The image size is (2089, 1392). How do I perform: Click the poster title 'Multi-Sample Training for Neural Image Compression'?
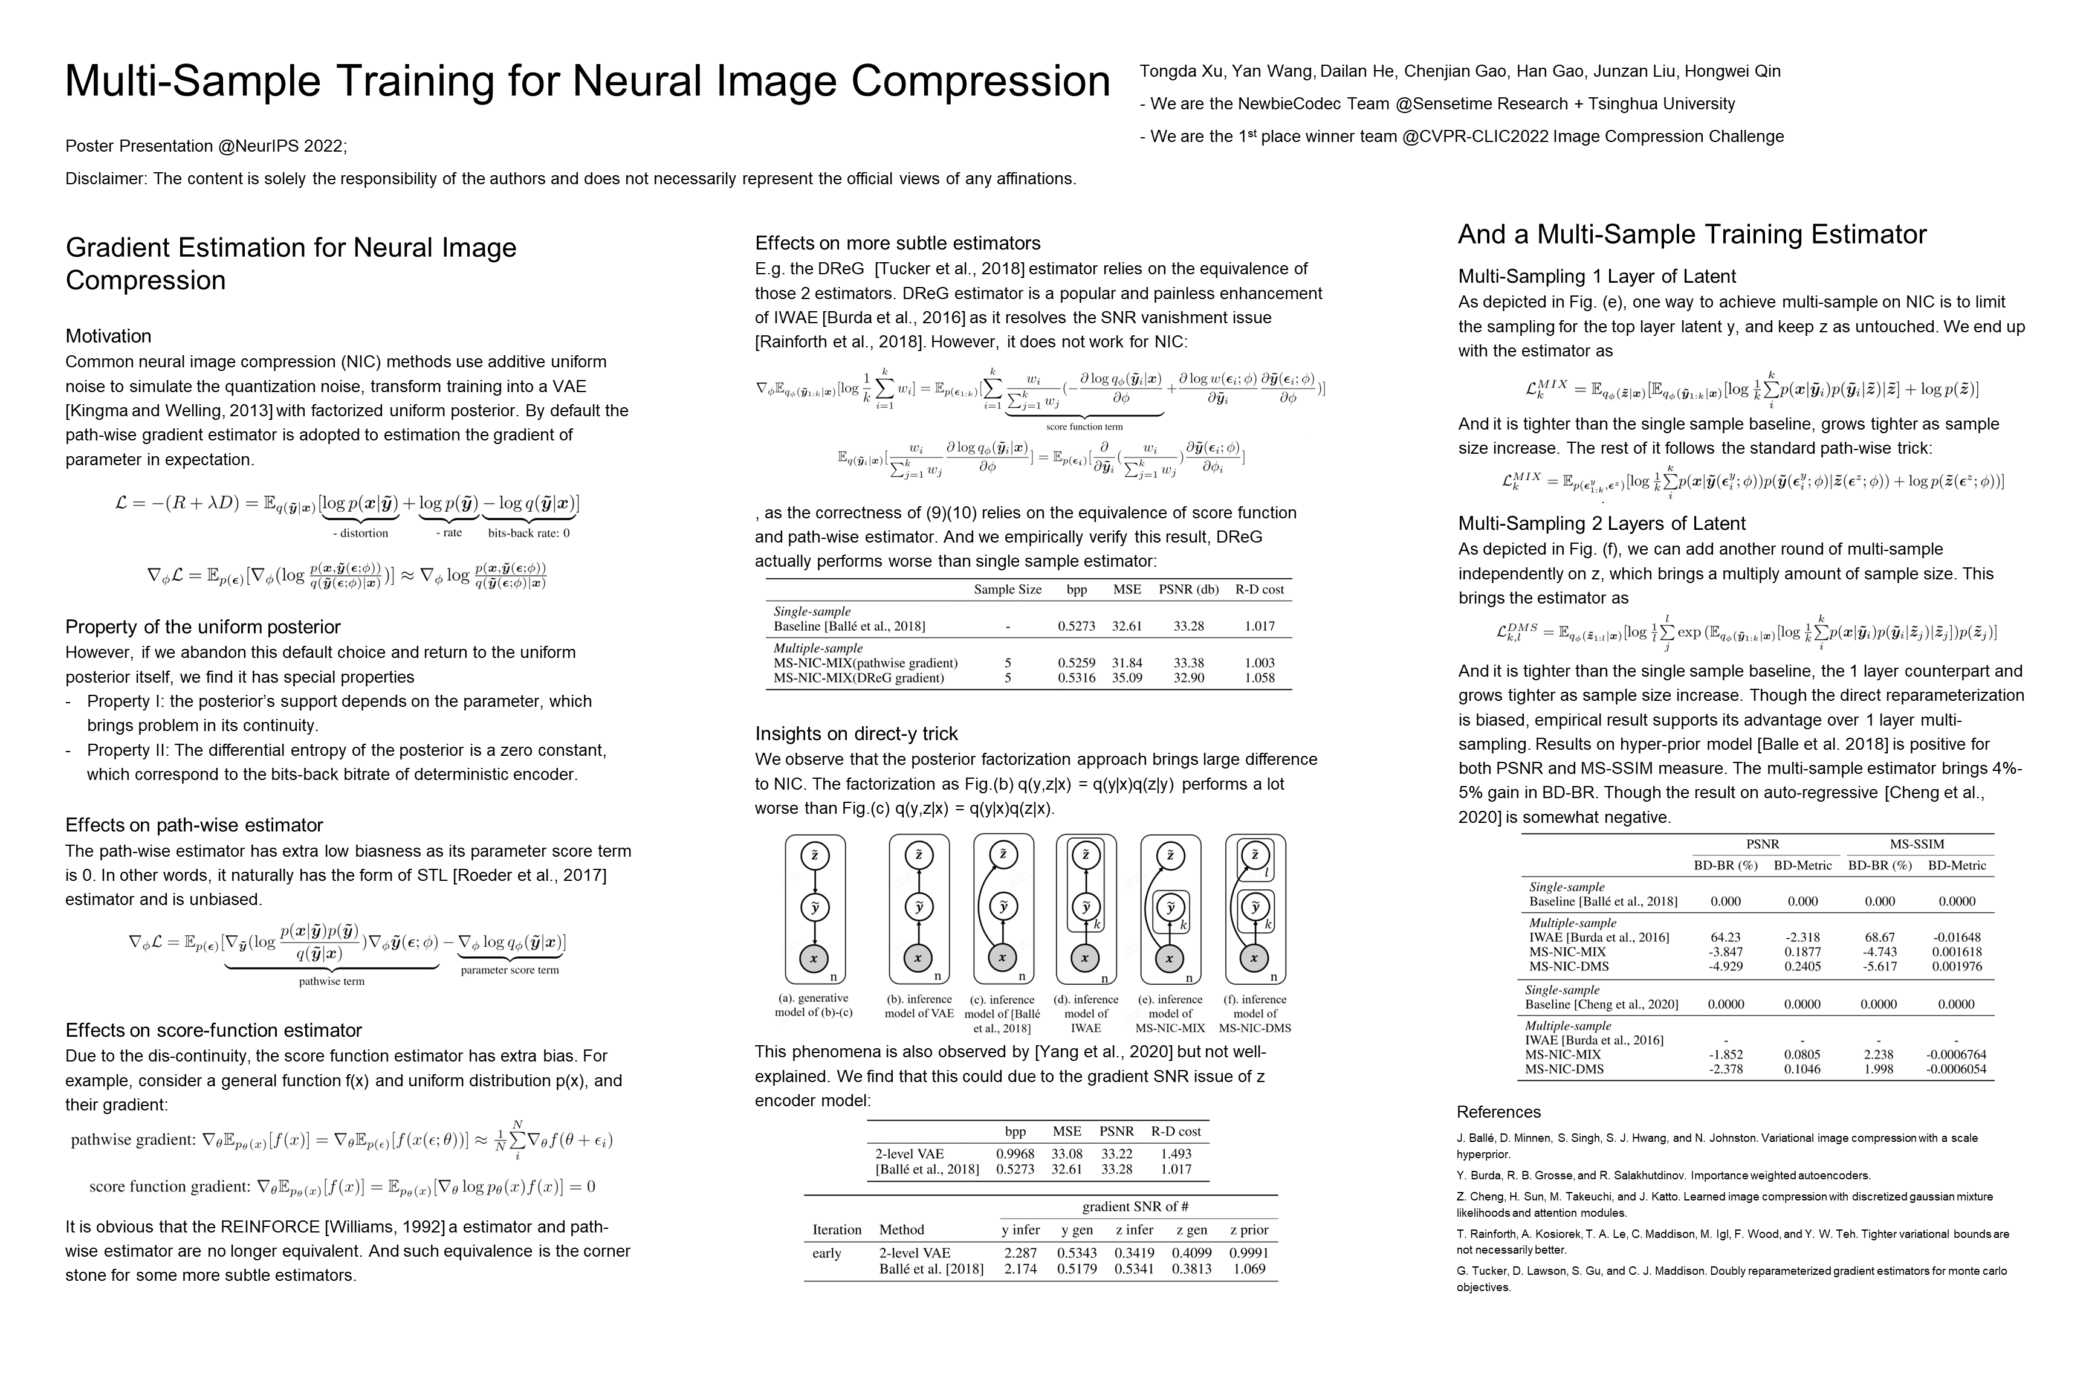click(x=587, y=82)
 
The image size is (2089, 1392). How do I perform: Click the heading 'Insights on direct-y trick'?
click(x=856, y=734)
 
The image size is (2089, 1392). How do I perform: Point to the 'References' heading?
click(x=1498, y=1112)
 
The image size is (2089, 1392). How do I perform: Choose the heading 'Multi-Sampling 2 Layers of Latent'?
click(x=1601, y=524)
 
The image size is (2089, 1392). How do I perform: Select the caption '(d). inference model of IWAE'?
click(x=1086, y=1013)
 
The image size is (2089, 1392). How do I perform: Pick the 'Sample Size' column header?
click(x=1007, y=590)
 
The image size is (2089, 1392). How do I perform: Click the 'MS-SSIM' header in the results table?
click(x=1917, y=844)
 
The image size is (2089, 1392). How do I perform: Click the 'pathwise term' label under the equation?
click(x=331, y=982)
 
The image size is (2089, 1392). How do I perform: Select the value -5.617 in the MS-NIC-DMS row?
click(x=1879, y=967)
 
